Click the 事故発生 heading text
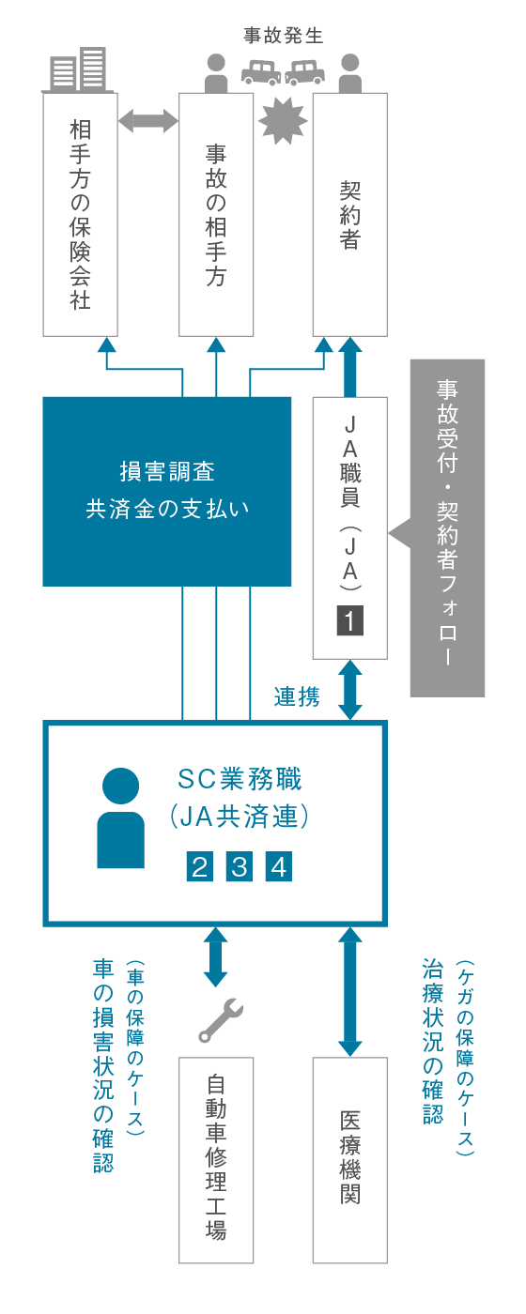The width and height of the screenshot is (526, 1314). (283, 37)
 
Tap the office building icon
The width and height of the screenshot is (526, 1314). (81, 69)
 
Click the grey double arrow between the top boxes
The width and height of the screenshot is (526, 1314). (148, 119)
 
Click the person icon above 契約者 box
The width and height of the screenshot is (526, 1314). (350, 72)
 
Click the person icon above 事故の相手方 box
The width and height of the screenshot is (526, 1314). (216, 72)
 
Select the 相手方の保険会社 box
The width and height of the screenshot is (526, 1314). (81, 214)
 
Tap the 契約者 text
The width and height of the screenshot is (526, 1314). (350, 215)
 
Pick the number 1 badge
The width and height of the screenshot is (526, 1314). (350, 620)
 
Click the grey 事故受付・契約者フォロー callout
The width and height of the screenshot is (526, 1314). (446, 527)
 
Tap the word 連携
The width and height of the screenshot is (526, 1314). (297, 696)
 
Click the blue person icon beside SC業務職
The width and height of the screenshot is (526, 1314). (121, 817)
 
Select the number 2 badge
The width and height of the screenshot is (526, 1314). (200, 866)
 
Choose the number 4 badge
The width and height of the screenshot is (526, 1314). (279, 866)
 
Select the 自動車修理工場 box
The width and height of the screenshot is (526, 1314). (216, 1160)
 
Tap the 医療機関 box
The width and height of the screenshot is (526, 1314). (350, 1160)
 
